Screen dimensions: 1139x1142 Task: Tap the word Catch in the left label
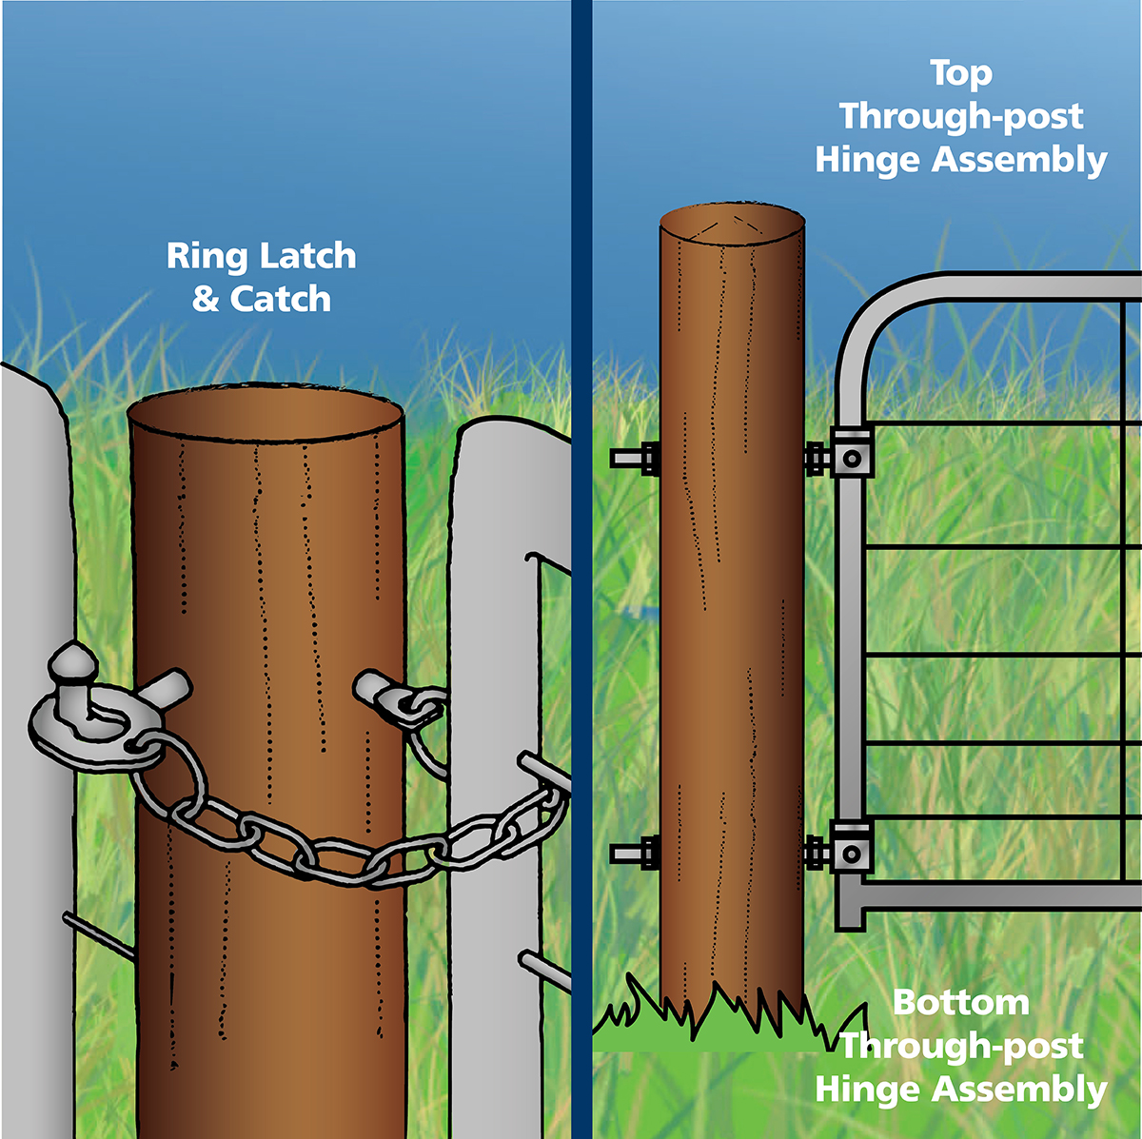[x=281, y=300]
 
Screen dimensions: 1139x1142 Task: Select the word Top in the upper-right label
[x=960, y=73]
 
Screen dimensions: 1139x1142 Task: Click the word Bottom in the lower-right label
[x=960, y=1003]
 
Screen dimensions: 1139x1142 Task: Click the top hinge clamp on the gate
[x=852, y=458]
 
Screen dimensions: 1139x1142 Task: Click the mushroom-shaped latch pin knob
[x=72, y=660]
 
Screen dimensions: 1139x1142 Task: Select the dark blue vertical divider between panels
[x=581, y=571]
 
